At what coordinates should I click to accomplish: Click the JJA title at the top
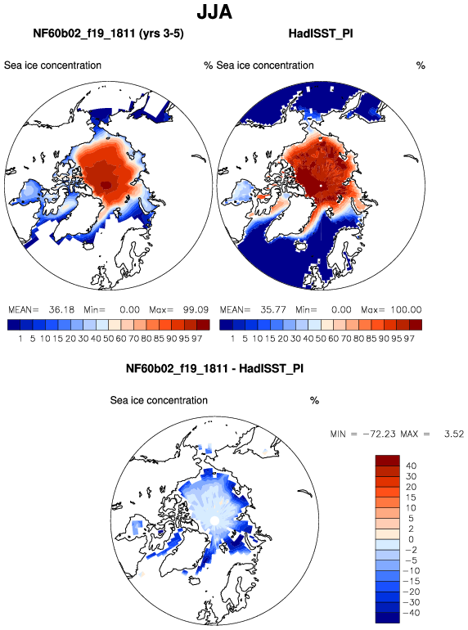point(214,12)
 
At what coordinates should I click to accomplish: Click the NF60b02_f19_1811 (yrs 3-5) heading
point(108,34)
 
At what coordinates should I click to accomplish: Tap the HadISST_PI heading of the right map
point(321,34)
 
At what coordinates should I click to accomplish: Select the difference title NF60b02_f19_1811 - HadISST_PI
point(214,368)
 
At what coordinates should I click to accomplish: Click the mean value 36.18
point(61,310)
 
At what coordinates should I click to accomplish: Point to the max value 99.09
point(196,310)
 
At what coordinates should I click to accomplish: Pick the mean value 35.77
point(273,310)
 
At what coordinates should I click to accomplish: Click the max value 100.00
point(406,310)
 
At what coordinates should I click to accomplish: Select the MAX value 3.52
point(454,434)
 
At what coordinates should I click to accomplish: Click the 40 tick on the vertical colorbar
point(411,466)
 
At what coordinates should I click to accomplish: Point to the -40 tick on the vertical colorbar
point(410,613)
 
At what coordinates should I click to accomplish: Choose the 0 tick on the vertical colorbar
point(411,540)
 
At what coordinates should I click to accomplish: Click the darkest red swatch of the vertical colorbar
point(388,461)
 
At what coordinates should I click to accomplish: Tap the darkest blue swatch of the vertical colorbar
point(388,618)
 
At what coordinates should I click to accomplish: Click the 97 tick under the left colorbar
point(196,339)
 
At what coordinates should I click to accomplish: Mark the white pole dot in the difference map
point(214,520)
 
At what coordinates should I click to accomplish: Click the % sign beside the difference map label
point(314,401)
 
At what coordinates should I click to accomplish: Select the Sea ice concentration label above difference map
point(159,400)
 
